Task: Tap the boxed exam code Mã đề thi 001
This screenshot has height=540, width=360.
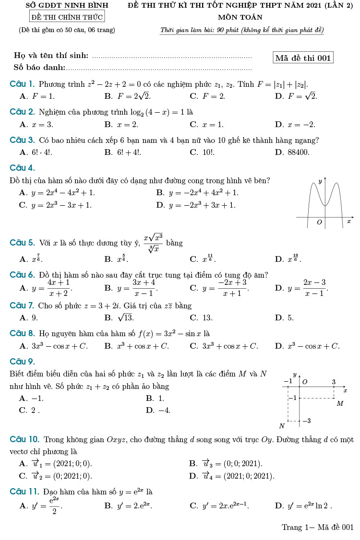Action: point(303,58)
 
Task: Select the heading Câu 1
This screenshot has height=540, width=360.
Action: point(23,84)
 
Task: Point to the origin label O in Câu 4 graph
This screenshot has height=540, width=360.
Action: point(319,223)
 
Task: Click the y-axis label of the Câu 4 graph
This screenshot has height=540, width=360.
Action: point(320,182)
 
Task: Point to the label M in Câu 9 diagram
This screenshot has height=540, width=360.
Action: point(340,403)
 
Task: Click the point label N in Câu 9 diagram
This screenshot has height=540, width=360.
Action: point(282,425)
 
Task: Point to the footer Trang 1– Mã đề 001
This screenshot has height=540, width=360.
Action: point(317,527)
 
